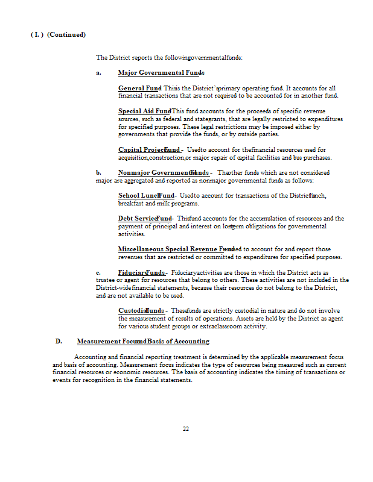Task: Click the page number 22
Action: pos(186,428)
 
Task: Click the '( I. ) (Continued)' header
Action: pos(58,34)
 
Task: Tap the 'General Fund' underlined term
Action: pos(139,88)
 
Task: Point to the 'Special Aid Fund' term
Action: pos(144,111)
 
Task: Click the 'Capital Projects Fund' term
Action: pos(150,149)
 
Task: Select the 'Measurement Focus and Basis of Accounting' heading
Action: pos(143,341)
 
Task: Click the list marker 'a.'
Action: pos(98,73)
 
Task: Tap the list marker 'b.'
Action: pos(98,172)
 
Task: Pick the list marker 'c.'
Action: pos(98,272)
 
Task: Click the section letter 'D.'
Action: pos(59,341)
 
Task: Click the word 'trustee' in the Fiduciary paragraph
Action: pos(106,280)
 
